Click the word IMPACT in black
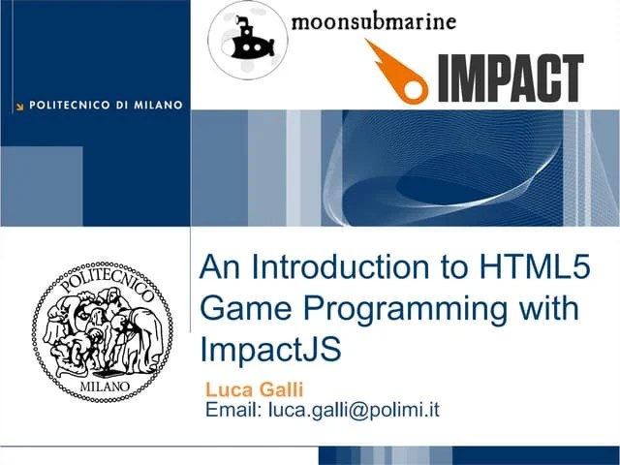point(510,79)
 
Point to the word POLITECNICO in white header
point(74,104)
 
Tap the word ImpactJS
point(271,348)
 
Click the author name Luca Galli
point(255,389)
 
